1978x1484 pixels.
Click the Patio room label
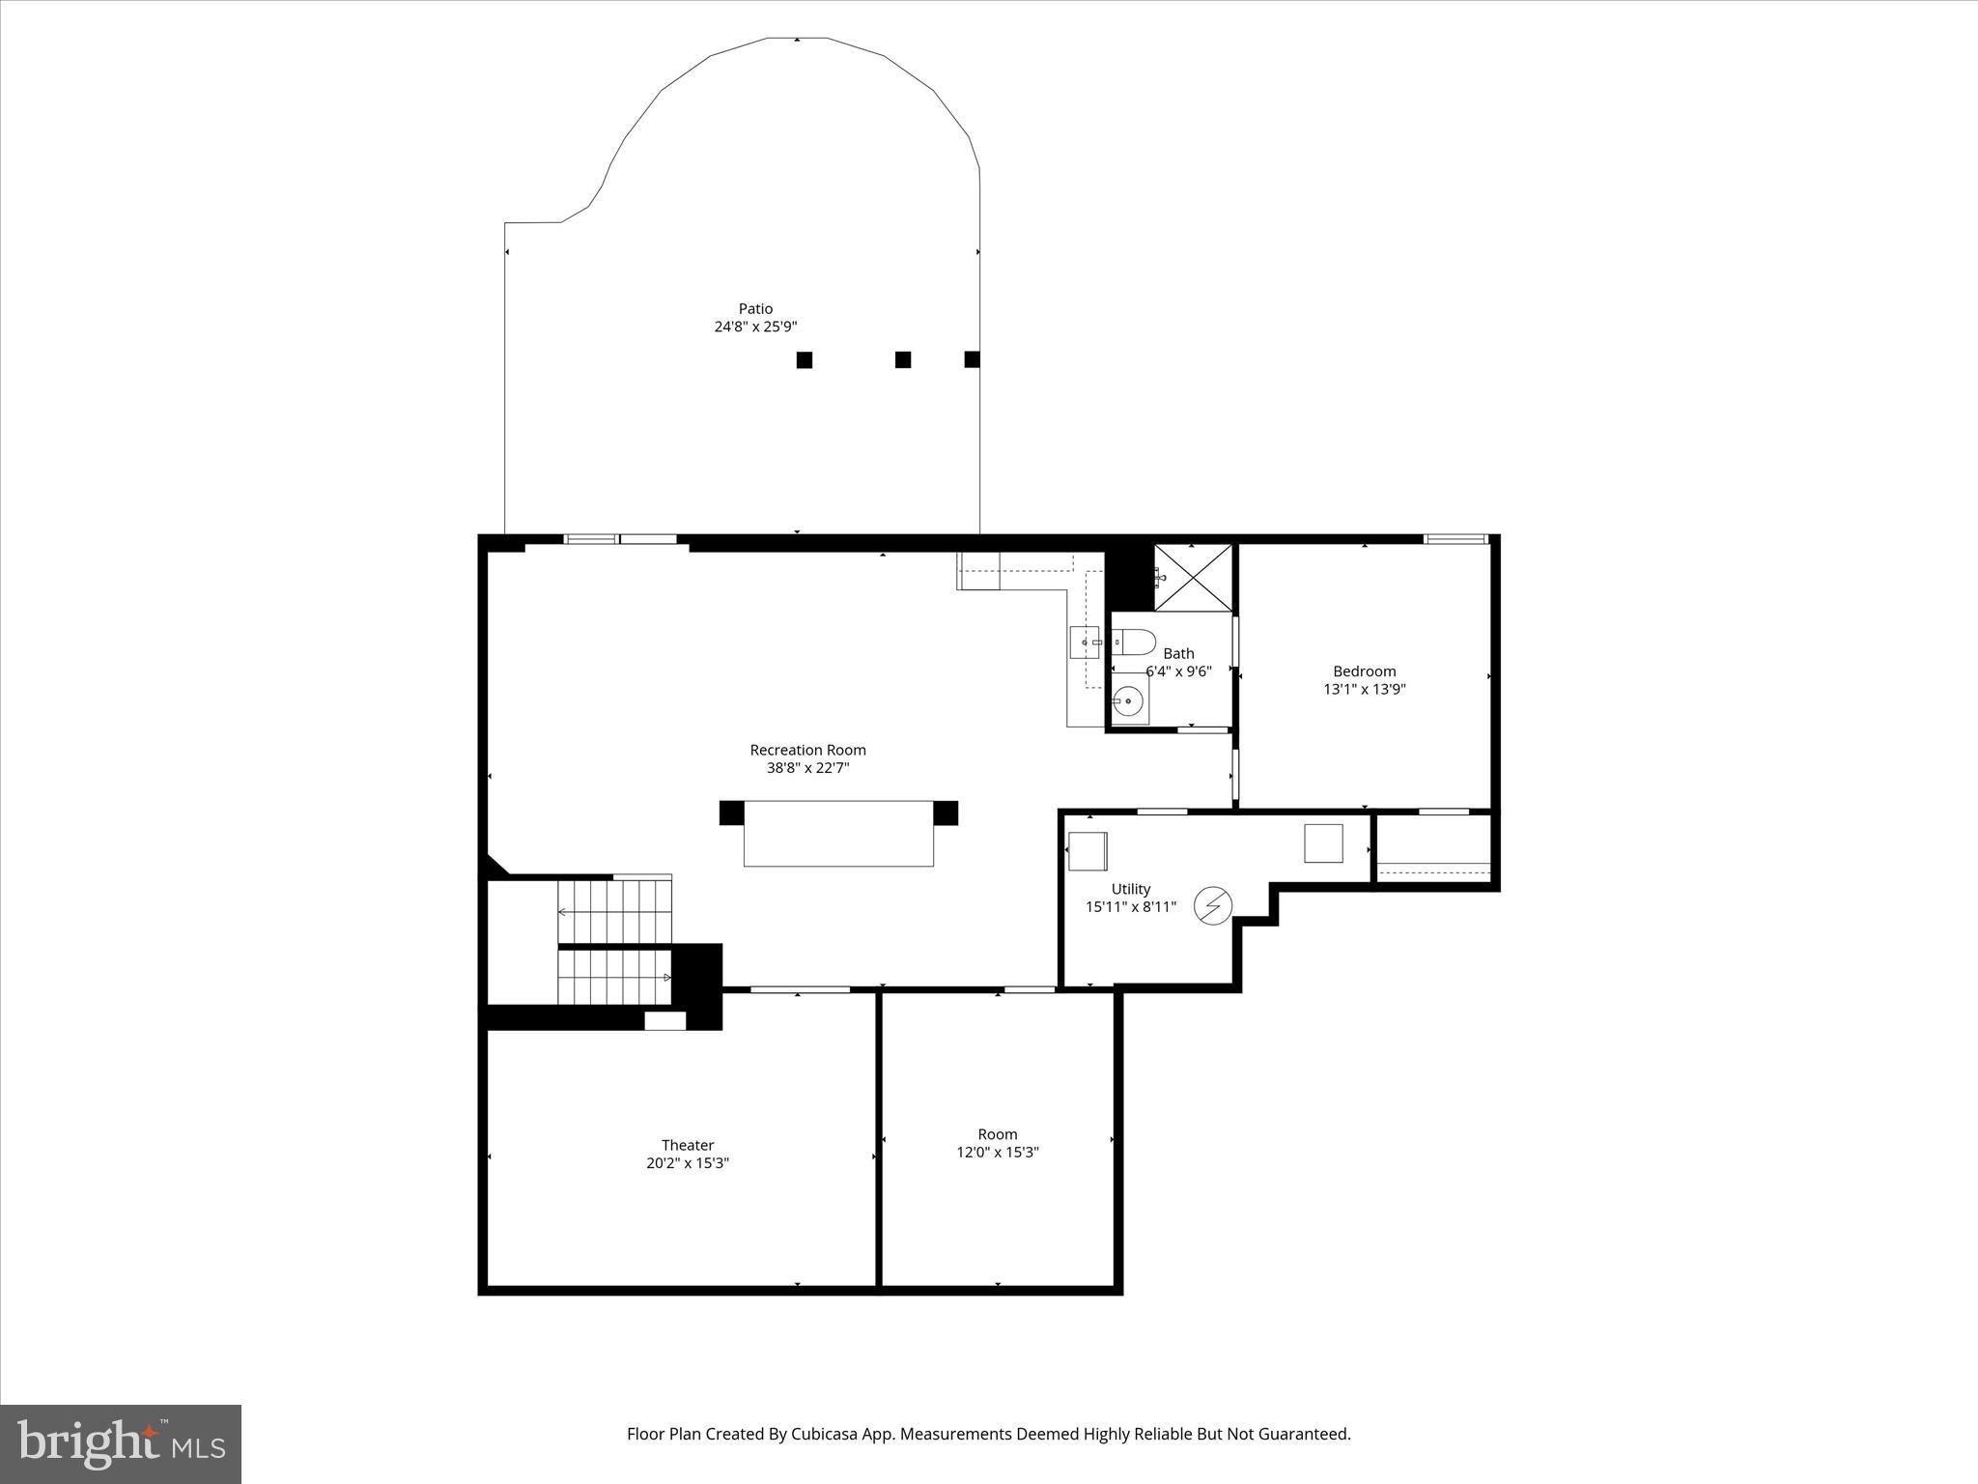click(x=755, y=309)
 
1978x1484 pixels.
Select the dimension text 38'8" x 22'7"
click(x=807, y=768)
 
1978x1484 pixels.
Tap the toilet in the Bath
click(x=1135, y=642)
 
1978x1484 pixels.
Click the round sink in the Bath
click(x=1127, y=701)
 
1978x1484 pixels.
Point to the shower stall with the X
click(x=1193, y=578)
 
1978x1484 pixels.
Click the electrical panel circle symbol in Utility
click(x=1213, y=905)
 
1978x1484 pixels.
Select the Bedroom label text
click(x=1364, y=671)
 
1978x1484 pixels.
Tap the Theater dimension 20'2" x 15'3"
click(x=688, y=1163)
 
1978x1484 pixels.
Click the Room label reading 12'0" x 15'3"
click(x=997, y=1153)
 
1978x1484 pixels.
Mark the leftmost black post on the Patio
click(x=804, y=360)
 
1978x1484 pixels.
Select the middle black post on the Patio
click(x=903, y=360)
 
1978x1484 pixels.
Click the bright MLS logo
click(x=121, y=1444)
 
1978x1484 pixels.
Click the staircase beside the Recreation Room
click(x=614, y=942)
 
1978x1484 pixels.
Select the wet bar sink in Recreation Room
click(x=1085, y=642)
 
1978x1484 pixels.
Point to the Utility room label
click(x=1131, y=889)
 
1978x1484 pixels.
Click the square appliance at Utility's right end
click(x=1323, y=842)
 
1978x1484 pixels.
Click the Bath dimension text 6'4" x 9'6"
click(x=1178, y=671)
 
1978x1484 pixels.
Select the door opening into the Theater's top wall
click(x=800, y=989)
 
